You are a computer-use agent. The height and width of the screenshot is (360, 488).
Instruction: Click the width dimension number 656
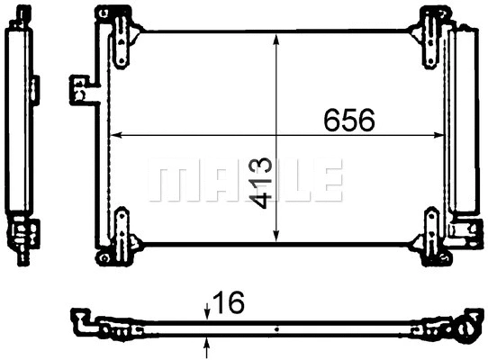click(x=349, y=121)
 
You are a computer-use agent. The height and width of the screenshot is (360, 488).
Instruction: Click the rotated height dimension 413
click(x=262, y=184)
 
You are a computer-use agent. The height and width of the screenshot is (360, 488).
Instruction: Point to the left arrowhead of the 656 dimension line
click(x=113, y=136)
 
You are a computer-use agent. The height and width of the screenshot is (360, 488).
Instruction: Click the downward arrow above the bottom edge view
click(x=208, y=310)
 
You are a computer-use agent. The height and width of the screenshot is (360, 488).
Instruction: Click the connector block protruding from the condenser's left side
click(x=82, y=89)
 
